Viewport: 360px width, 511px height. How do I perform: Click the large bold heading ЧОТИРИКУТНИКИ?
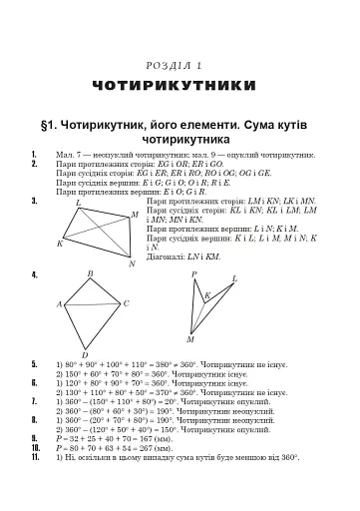[x=180, y=86]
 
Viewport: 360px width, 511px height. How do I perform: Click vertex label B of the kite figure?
[x=91, y=273]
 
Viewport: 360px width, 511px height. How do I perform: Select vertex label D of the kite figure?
[x=85, y=354]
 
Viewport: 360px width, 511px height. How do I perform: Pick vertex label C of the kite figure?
[x=126, y=303]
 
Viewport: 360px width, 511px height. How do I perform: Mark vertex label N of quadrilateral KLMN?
[x=132, y=264]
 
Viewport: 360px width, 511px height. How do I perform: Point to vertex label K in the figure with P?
[x=206, y=295]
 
